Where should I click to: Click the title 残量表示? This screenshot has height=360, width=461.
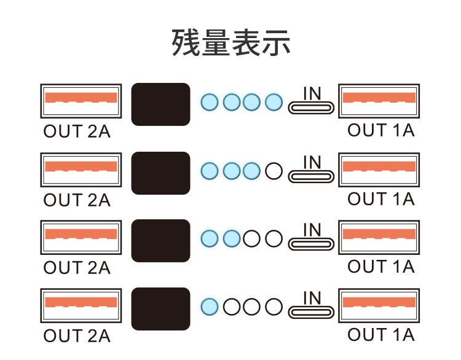click(x=230, y=44)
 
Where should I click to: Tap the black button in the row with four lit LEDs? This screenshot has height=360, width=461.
click(x=161, y=104)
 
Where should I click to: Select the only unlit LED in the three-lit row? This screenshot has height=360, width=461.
click(x=273, y=171)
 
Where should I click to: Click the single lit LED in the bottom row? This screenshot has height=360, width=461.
click(x=210, y=306)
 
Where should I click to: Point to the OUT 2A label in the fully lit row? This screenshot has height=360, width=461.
click(x=77, y=131)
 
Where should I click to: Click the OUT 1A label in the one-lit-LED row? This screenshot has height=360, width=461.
click(x=380, y=335)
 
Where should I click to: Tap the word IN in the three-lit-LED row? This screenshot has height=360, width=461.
click(x=313, y=162)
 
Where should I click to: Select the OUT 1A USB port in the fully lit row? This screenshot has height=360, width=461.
click(x=379, y=100)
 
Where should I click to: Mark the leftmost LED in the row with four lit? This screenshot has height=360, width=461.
click(x=210, y=102)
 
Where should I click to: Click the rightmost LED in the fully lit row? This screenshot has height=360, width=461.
click(x=273, y=102)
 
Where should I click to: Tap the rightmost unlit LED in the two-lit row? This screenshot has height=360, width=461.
click(x=273, y=238)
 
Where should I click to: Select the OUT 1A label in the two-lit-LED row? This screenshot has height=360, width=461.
click(x=380, y=267)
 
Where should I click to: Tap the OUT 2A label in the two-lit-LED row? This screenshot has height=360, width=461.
click(x=77, y=268)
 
